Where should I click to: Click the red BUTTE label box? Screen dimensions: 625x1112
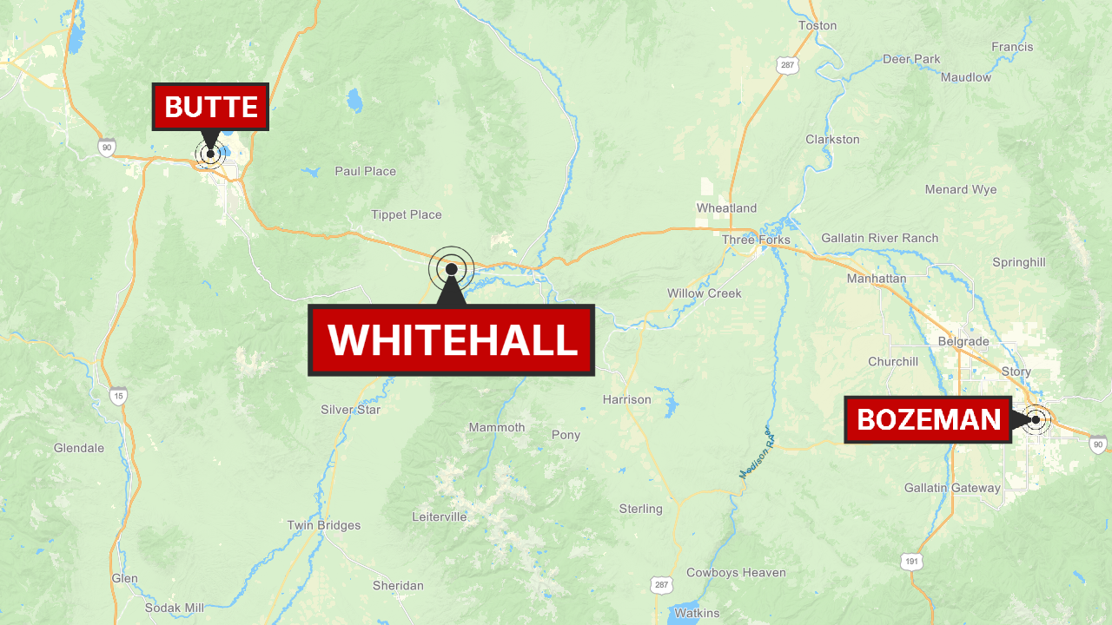210,107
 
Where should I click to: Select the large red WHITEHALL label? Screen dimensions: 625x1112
452,339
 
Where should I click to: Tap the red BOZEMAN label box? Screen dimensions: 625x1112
928,420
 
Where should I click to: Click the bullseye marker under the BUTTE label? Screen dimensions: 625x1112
210,154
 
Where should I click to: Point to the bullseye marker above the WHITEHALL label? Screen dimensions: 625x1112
452,269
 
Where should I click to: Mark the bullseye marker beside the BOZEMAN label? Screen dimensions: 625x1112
1036,420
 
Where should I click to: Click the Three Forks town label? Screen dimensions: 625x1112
756,240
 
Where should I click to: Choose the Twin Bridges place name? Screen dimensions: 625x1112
324,525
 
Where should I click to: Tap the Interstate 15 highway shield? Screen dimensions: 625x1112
118,396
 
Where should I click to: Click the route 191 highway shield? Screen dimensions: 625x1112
910,562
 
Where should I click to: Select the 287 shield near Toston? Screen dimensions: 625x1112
787,65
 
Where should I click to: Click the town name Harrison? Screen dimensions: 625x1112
626,399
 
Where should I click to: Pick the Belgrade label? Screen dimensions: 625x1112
963,341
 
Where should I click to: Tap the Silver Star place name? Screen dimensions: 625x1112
350,410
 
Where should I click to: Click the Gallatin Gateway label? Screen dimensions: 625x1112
952,488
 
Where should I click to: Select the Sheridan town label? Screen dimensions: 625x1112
398,585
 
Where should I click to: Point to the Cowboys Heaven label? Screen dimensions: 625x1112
736,572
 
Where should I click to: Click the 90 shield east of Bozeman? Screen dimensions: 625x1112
1098,444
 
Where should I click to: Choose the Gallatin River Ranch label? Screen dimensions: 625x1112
879,238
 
